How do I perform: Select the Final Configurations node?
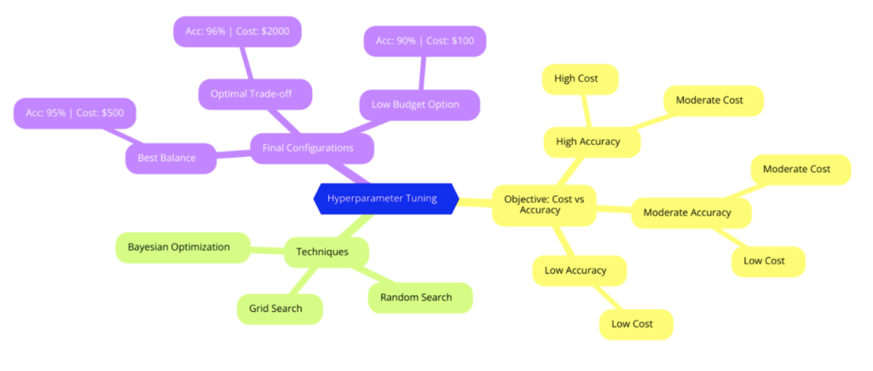312,148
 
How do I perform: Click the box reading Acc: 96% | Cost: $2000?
237,32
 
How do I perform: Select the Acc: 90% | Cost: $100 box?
425,42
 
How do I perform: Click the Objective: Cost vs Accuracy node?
544,205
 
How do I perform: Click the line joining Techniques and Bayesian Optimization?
267,250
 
